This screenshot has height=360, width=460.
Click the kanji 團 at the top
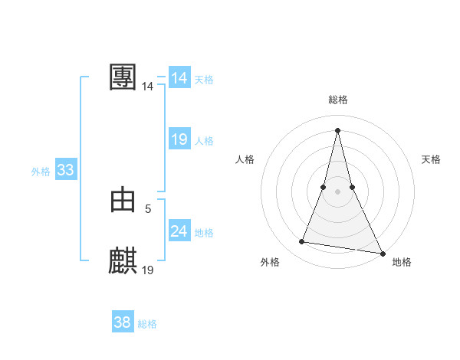click(123, 77)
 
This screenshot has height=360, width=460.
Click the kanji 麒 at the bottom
click(123, 261)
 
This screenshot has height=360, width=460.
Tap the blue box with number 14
click(179, 78)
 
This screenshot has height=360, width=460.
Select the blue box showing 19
click(179, 139)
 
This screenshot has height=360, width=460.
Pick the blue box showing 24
click(179, 231)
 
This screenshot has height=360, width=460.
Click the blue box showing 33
click(65, 170)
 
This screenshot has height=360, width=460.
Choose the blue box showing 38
click(122, 322)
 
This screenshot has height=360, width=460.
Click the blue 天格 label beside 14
click(204, 80)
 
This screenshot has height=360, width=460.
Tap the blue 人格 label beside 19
click(204, 141)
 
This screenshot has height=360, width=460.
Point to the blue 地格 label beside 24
click(204, 233)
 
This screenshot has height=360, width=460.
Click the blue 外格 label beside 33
click(41, 172)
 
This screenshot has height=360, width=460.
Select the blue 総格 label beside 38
click(147, 324)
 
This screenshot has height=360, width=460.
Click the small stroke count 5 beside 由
click(148, 208)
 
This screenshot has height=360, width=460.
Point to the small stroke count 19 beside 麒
click(148, 270)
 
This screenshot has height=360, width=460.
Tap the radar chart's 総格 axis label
click(337, 100)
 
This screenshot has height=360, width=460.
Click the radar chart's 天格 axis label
click(432, 159)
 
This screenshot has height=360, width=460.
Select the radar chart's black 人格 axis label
click(245, 159)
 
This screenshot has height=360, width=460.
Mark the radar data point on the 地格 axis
click(382, 254)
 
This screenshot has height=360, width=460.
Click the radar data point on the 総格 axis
click(337, 129)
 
